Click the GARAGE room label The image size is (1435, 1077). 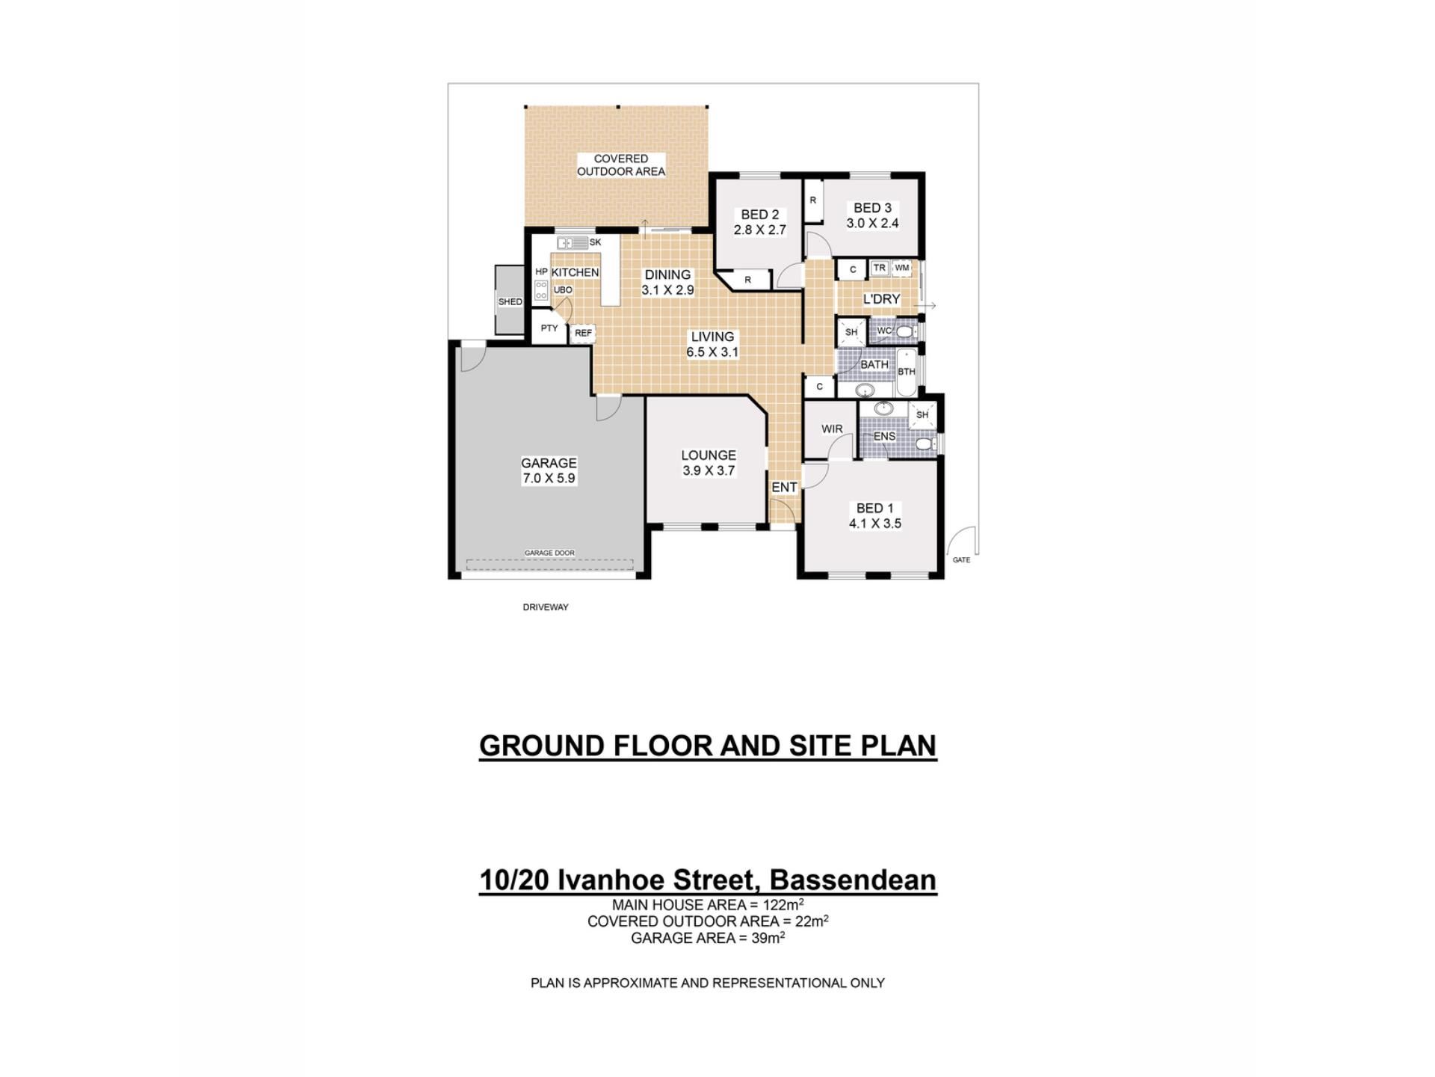point(549,463)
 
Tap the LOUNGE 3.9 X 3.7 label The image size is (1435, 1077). point(709,463)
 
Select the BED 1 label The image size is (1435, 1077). point(874,509)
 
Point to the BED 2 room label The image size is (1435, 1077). point(759,215)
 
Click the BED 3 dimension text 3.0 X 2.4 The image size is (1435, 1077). point(872,223)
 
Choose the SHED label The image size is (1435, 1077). point(510,302)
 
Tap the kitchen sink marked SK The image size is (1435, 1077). point(573,242)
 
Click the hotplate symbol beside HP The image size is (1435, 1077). point(541,291)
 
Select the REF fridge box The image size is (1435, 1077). point(583,333)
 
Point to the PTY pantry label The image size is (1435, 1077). point(549,328)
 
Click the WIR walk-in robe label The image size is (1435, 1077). point(832,429)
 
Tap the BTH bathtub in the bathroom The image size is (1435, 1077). point(906,372)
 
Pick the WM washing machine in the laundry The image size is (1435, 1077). point(902,268)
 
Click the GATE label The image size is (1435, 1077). point(961,560)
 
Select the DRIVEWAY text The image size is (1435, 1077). point(546,607)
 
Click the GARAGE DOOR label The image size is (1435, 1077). point(549,553)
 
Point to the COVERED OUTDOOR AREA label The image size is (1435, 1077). point(621,165)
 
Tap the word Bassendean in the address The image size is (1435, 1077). point(853,880)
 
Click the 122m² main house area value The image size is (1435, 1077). point(783,904)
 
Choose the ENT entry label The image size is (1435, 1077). point(784,488)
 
